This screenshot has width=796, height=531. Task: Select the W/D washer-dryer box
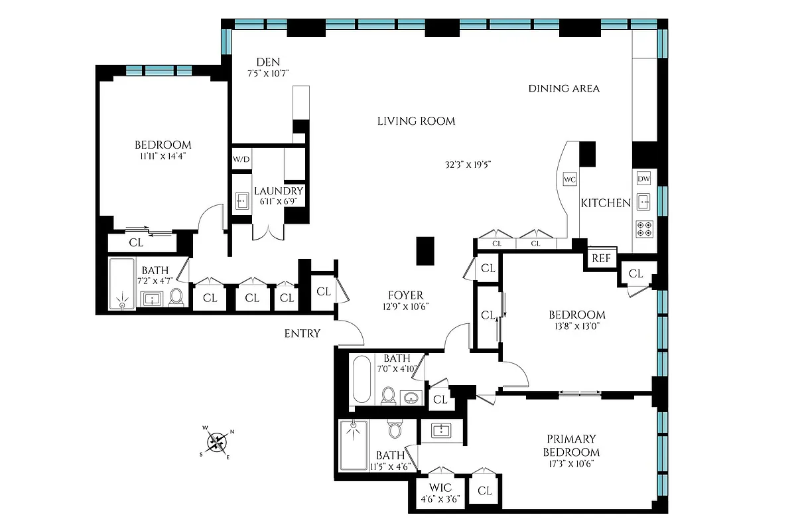coord(241,160)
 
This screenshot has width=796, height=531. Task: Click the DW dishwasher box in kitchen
coord(643,179)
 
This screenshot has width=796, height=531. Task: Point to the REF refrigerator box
coord(601,258)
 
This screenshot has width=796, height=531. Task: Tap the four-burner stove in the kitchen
coord(643,228)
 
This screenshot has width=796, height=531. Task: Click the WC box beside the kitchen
coord(569,179)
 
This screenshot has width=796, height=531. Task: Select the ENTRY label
coord(302,334)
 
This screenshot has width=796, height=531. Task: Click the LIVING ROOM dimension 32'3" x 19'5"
coord(468,164)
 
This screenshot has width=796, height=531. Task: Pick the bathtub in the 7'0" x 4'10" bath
coord(361,379)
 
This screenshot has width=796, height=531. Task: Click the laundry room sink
coord(241,200)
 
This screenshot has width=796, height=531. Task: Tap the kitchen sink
coord(643,201)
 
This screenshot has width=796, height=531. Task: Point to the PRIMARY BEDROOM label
coord(571,445)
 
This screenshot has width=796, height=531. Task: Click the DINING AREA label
coord(564,88)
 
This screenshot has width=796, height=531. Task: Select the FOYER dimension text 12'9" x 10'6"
coord(407,307)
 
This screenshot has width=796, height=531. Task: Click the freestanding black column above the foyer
coord(425,251)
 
